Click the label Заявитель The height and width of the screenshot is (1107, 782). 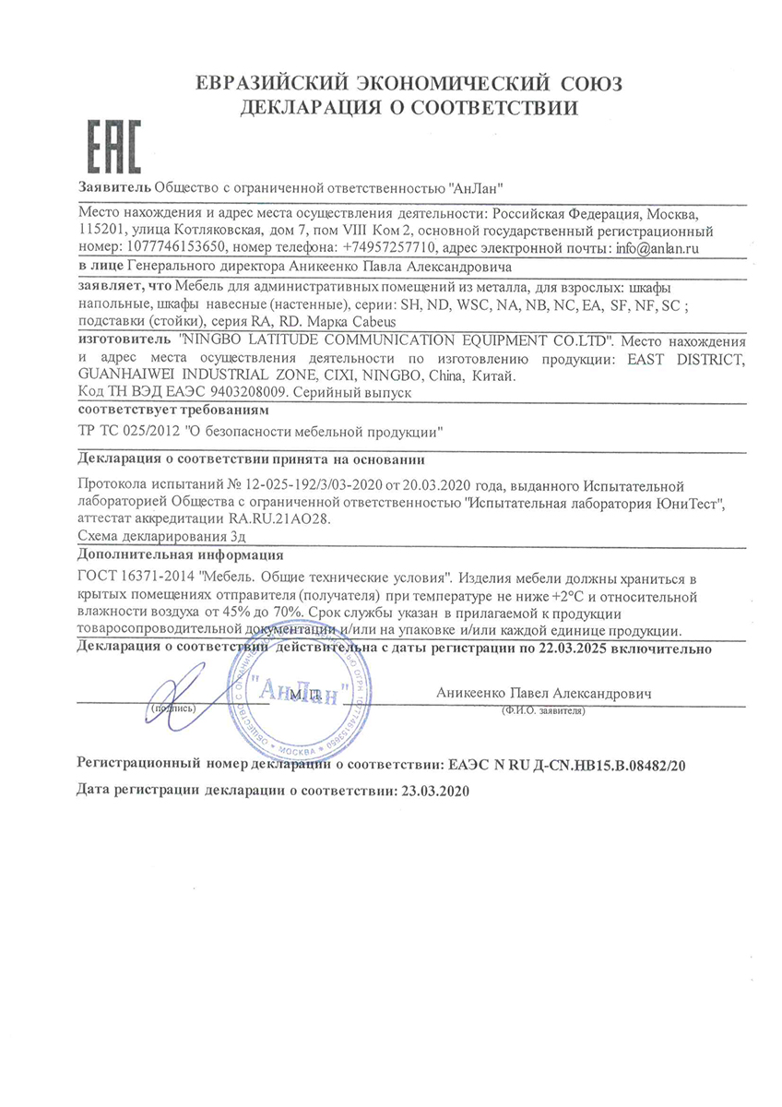click(x=115, y=188)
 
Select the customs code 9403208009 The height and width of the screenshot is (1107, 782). click(x=239, y=391)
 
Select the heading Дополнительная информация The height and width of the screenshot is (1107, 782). click(x=182, y=555)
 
